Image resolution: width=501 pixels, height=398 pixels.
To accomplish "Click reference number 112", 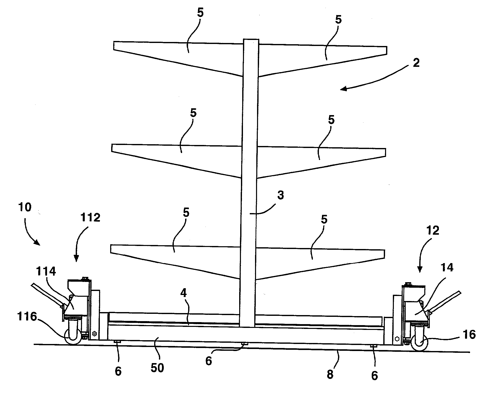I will tap(91, 218).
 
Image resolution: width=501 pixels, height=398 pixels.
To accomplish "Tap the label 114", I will tap(46, 272).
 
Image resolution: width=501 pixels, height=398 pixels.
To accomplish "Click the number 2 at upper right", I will tap(416, 63).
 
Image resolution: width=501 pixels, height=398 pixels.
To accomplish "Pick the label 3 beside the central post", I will tap(280, 195).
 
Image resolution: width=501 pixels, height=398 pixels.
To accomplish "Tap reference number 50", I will tap(157, 368).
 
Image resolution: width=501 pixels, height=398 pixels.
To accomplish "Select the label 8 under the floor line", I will tap(330, 374).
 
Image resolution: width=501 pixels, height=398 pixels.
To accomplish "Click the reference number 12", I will tap(432, 230).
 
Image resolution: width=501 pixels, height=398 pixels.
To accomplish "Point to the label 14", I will tap(447, 268).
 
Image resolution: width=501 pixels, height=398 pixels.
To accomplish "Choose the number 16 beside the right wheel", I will tap(469, 334).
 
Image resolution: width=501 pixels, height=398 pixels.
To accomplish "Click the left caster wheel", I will tap(73, 337).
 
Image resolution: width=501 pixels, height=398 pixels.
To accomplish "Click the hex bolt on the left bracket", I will tap(95, 334).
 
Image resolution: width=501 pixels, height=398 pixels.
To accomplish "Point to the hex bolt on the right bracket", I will tap(397, 338).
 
